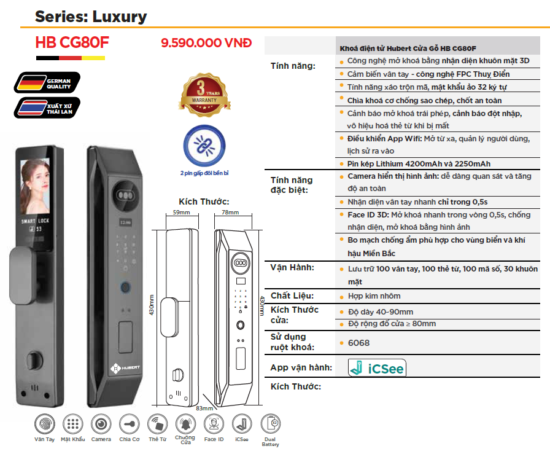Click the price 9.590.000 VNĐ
click(x=206, y=43)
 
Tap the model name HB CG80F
click(x=72, y=42)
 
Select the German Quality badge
click(x=47, y=82)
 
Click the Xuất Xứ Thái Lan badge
click(x=47, y=108)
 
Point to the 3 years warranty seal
click(x=204, y=95)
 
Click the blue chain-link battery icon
click(x=204, y=146)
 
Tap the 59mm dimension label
click(x=181, y=213)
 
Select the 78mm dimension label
click(x=230, y=213)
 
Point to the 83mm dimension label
click(x=204, y=409)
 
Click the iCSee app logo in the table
click(x=377, y=368)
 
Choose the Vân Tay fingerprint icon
click(x=45, y=424)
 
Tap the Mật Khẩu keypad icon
click(x=73, y=424)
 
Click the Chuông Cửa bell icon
click(x=185, y=424)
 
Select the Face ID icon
click(x=214, y=424)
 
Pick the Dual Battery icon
click(x=271, y=424)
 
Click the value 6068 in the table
click(x=358, y=343)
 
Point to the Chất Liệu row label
click(x=292, y=295)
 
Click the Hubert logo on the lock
click(x=125, y=368)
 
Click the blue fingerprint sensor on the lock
click(x=125, y=288)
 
